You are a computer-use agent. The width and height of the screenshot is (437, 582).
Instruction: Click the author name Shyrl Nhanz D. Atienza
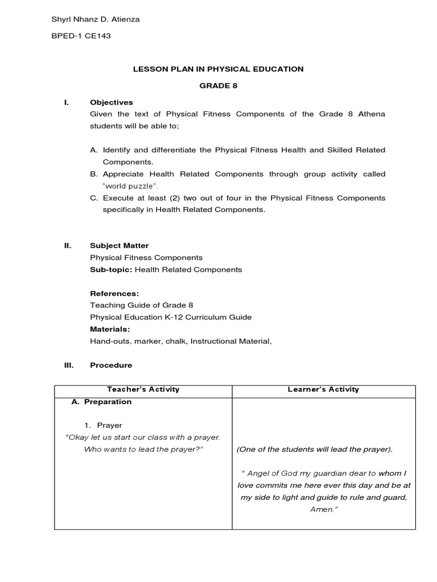point(96,20)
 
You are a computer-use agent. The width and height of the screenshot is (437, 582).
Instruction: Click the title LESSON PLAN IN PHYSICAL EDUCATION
point(218,69)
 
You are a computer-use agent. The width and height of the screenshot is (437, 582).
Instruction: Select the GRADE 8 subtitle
point(218,86)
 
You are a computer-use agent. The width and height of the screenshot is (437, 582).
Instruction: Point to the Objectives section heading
point(112,102)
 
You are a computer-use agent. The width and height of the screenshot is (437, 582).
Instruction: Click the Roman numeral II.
point(67,246)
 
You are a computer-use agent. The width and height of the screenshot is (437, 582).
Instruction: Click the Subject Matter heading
point(119,246)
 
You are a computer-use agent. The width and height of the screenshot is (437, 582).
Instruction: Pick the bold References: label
point(114,293)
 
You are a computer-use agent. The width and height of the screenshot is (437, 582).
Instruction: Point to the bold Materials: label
point(110,329)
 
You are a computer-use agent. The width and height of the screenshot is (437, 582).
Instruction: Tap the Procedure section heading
point(111,365)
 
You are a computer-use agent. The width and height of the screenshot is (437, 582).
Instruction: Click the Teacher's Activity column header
point(143,389)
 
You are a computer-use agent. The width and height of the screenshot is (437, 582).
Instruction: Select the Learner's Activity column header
point(324,389)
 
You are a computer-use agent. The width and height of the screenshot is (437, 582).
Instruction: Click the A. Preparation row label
point(101,402)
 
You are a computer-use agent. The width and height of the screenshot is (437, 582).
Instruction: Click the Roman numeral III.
point(68,365)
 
